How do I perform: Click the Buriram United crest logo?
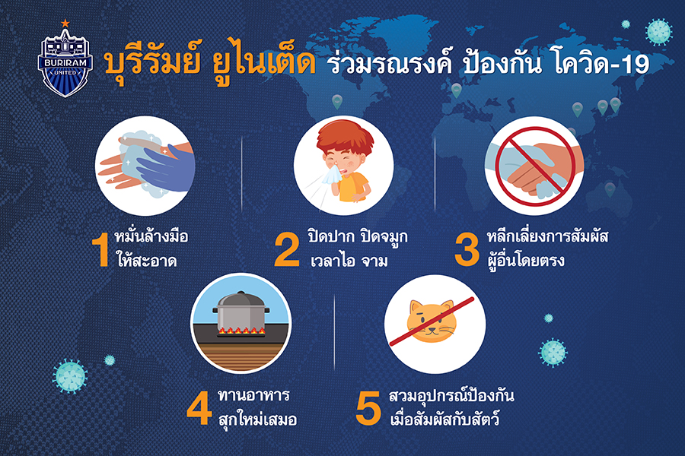[x=65, y=62]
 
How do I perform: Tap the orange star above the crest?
[x=65, y=23]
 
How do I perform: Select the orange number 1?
[x=102, y=249]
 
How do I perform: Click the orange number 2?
[x=287, y=249]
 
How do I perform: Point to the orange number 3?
[x=467, y=249]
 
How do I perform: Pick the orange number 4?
[x=199, y=409]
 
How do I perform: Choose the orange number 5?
[x=368, y=409]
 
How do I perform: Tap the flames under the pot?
[x=241, y=331]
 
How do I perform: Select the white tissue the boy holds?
[x=331, y=175]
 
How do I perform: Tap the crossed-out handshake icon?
[x=534, y=166]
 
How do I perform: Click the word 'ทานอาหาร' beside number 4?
[x=253, y=396]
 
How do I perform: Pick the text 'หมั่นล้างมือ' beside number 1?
[x=151, y=236]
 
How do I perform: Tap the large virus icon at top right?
[x=659, y=32]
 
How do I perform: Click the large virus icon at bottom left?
[x=70, y=377]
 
